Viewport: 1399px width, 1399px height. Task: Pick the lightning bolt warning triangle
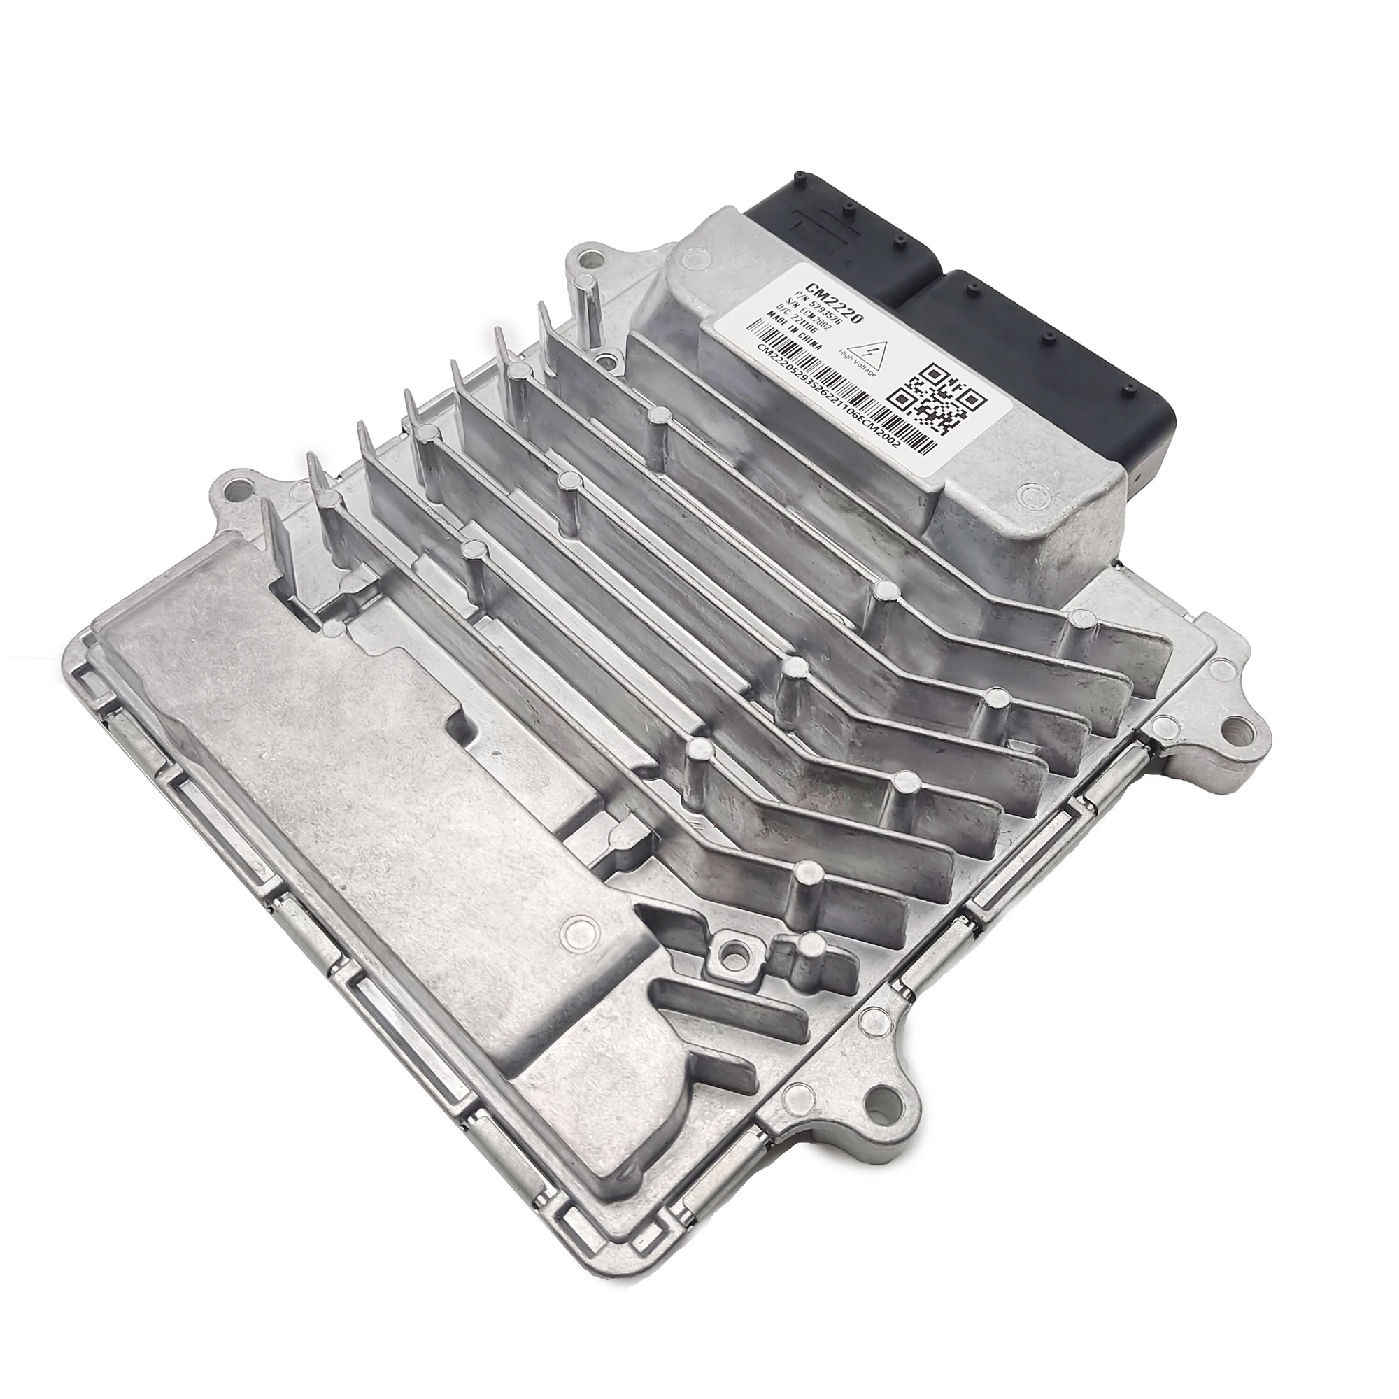(867, 350)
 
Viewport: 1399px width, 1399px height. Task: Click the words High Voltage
(857, 364)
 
